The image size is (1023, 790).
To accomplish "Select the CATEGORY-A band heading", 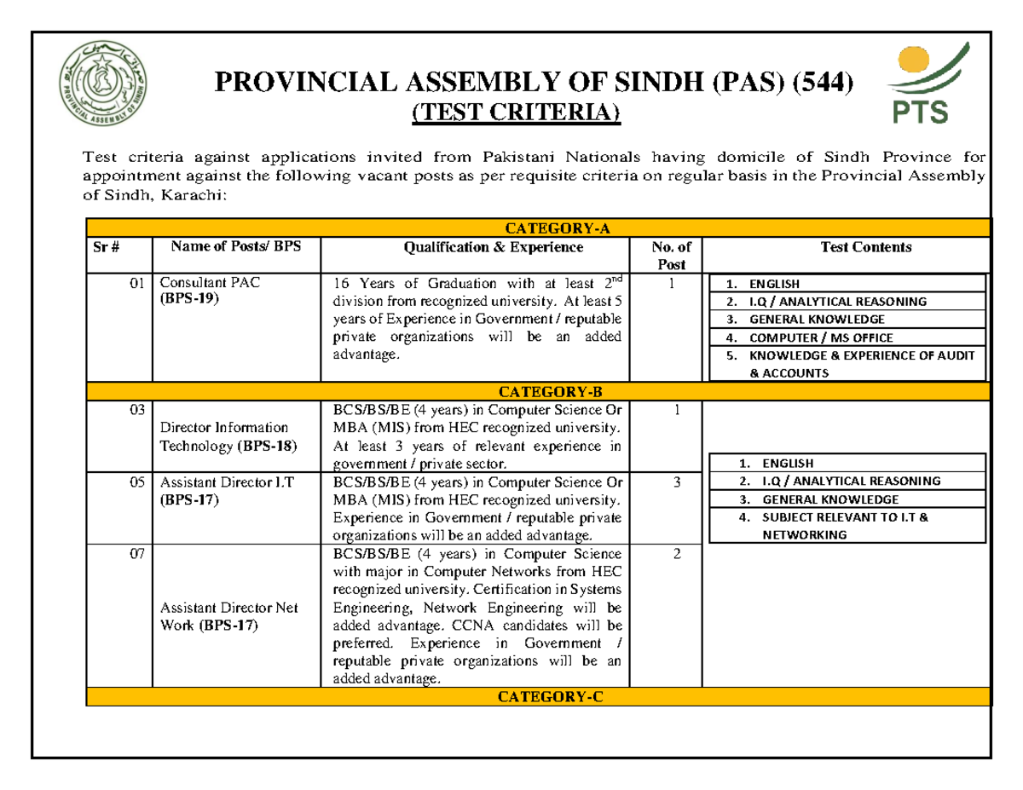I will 539,228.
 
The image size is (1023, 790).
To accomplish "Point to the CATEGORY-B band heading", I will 539,392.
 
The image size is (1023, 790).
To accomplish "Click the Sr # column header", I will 104,247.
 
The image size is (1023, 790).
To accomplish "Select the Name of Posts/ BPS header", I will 235,247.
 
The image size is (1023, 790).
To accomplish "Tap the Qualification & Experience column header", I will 476,247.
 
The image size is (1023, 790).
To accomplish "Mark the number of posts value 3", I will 676,481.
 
